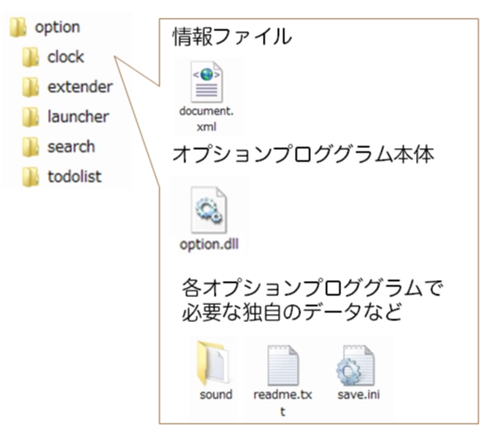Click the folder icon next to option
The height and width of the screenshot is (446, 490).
[18, 28]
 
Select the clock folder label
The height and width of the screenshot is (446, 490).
[66, 57]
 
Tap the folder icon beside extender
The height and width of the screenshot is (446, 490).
[30, 87]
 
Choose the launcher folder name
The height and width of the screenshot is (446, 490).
[78, 117]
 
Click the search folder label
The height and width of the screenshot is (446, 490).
[71, 146]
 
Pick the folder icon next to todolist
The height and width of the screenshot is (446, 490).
[30, 177]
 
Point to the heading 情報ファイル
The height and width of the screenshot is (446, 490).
[233, 37]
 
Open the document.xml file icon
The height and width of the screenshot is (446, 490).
[207, 82]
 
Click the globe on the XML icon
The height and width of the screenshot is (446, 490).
[207, 75]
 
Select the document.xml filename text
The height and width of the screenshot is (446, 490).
[207, 119]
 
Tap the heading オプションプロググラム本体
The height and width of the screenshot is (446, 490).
[303, 154]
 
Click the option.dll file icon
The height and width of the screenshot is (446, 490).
[208, 210]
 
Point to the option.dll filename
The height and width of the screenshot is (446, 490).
[209, 244]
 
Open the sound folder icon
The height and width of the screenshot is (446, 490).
[213, 363]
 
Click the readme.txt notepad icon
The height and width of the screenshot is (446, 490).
[282, 365]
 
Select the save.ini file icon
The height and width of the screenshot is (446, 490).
[355, 365]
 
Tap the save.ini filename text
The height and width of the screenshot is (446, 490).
[359, 394]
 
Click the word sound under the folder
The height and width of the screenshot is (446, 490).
[216, 394]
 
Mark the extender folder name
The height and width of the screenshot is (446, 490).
[80, 87]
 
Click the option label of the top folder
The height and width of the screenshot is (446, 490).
[58, 28]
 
